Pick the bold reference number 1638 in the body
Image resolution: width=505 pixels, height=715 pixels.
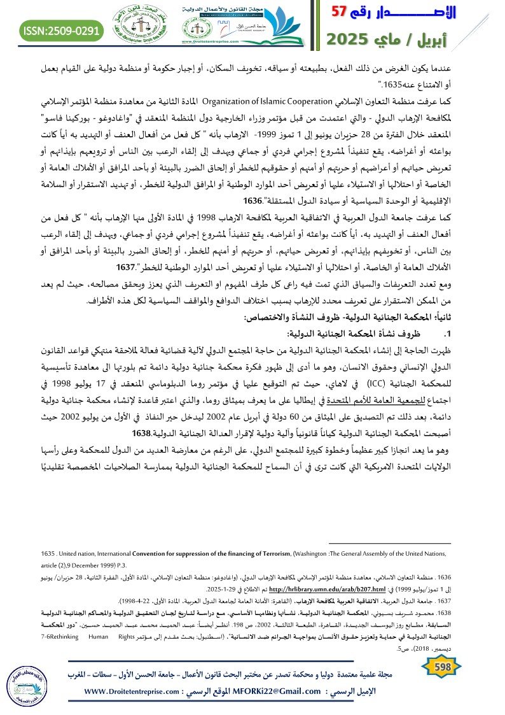[144, 432]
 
